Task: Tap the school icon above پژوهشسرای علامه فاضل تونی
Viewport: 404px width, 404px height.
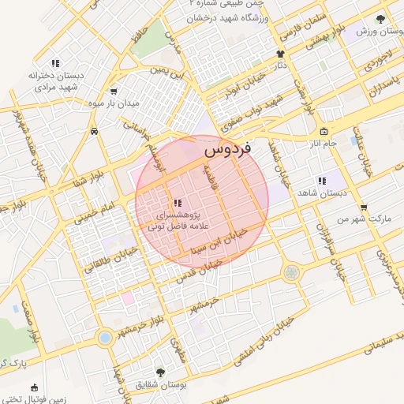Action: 178,203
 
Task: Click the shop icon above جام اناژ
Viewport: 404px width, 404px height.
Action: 324,132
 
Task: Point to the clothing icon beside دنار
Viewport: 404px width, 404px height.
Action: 279,54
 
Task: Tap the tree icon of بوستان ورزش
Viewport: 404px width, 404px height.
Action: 380,18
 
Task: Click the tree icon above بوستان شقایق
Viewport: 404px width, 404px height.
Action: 160,372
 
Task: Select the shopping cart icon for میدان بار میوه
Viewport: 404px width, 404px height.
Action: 114,91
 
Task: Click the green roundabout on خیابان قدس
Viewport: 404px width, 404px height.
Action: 292,272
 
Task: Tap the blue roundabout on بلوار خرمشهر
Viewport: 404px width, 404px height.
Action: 104,338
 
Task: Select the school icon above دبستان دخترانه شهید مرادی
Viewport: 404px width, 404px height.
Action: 55,63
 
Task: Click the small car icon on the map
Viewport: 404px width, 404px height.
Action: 94,131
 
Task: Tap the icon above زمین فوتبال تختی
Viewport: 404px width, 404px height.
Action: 34,388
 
